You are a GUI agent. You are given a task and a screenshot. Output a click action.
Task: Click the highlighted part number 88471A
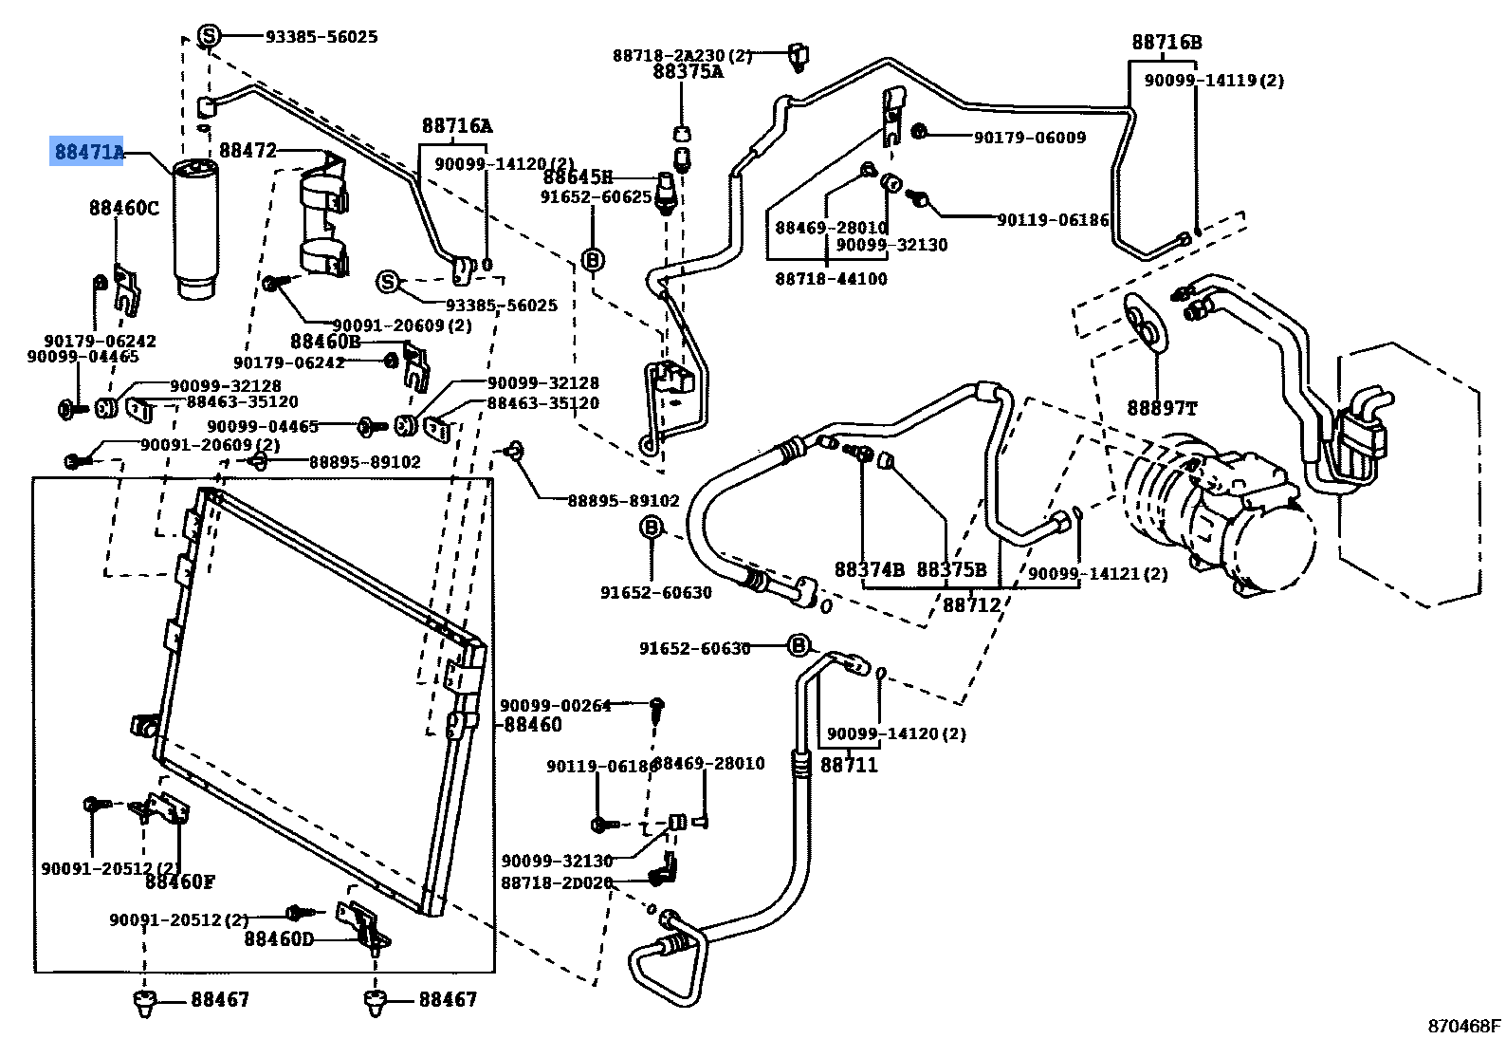88,152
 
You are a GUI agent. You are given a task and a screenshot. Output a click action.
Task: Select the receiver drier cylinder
194,228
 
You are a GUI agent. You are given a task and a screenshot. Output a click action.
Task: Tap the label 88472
248,151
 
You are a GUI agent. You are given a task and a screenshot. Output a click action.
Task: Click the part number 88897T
1161,409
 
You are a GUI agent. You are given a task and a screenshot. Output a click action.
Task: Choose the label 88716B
1166,43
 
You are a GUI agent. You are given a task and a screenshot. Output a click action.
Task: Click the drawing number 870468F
1464,1026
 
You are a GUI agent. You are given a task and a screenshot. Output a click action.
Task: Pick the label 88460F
180,882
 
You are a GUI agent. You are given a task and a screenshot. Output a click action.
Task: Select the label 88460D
279,938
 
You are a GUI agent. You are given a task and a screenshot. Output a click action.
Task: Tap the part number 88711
849,765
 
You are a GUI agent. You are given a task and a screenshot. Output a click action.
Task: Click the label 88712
971,604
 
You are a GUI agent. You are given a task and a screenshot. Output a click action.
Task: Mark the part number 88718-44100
831,279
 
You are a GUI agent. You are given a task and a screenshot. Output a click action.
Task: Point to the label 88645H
578,177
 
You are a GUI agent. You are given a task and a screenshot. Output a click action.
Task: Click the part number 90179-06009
1029,138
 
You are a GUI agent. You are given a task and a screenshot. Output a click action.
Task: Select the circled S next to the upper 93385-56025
209,37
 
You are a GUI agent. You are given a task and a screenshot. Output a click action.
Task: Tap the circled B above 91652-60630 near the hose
652,528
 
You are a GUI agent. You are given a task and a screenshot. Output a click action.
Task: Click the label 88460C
124,208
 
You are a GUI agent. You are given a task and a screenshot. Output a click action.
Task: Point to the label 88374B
869,570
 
